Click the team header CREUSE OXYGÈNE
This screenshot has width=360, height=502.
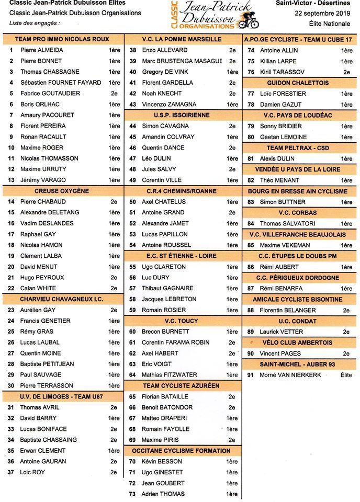click(62, 191)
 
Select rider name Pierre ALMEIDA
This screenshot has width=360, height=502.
click(42, 50)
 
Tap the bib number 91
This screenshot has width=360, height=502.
click(251, 375)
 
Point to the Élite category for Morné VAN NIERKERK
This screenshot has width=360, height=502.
click(346, 375)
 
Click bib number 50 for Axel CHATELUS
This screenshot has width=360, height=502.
click(133, 202)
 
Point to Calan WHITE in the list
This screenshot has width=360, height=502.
click(39, 288)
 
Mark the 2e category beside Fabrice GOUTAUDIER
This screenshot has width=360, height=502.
click(114, 94)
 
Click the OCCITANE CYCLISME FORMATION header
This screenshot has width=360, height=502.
click(181, 451)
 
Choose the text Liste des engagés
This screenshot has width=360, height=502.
click(35, 23)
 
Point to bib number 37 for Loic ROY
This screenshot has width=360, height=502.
click(10, 472)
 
